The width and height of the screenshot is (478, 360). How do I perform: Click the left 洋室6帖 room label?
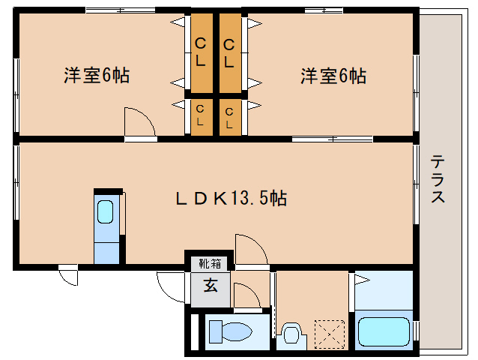97,76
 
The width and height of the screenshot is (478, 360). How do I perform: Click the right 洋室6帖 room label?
333,76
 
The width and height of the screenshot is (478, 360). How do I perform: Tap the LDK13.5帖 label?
230,198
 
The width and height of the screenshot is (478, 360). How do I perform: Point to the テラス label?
439,180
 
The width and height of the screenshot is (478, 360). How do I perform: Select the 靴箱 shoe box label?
209,263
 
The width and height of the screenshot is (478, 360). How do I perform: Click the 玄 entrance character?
211,286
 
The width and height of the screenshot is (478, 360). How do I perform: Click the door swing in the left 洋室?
139,122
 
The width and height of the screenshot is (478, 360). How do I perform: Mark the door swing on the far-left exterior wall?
68,276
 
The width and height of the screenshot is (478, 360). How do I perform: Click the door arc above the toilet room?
245,296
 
